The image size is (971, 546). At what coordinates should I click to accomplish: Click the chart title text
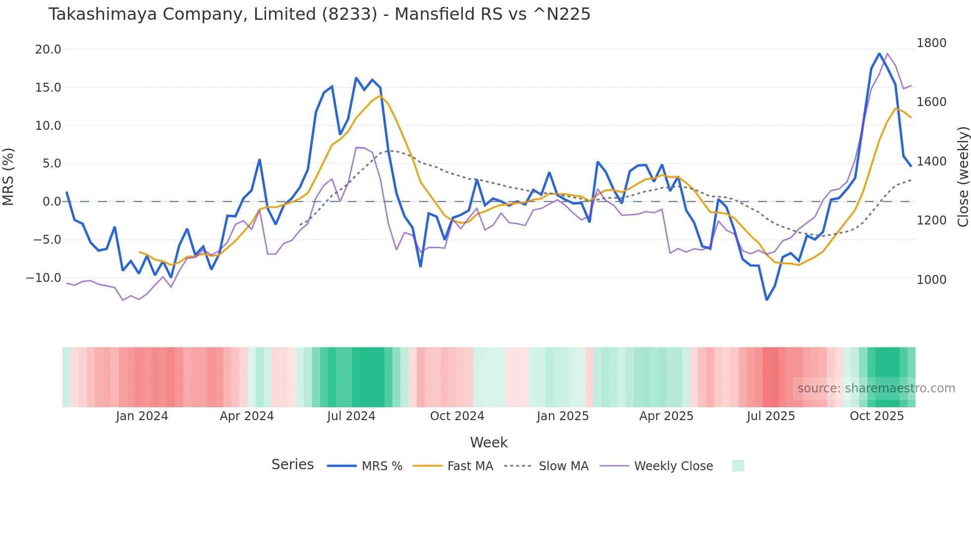pos(319,14)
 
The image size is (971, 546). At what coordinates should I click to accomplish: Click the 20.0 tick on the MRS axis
pos(48,50)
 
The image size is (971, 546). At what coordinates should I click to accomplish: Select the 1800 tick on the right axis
pos(931,43)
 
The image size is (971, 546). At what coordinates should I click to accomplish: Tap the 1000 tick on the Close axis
pos(931,280)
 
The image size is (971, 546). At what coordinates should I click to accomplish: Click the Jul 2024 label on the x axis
pos(351,416)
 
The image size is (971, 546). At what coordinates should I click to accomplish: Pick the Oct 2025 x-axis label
pos(876,416)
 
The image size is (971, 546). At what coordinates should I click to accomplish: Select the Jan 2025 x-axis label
pos(562,416)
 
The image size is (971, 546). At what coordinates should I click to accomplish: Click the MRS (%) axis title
pos(8,177)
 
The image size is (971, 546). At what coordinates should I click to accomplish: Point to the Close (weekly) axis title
pos(963,177)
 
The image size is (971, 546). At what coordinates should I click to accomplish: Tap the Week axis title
pos(488,442)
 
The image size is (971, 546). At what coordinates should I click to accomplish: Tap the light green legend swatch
pos(738,466)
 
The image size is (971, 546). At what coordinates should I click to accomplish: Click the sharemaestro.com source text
pos(876,388)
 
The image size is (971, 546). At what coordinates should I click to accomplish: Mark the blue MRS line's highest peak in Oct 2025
pos(879,54)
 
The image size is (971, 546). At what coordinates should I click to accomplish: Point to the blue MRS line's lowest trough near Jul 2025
pos(766,300)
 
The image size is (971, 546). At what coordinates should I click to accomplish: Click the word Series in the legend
pos(292,465)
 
